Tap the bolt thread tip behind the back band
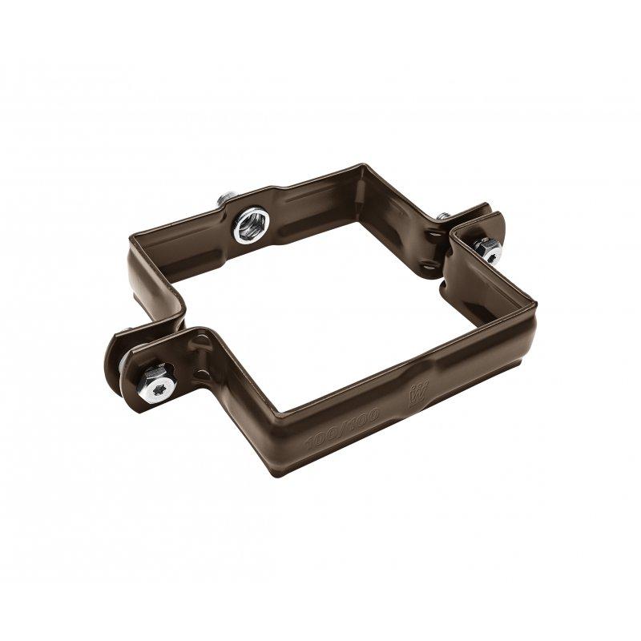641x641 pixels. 228,197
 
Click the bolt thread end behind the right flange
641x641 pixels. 443,216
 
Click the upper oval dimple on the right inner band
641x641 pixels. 433,236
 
